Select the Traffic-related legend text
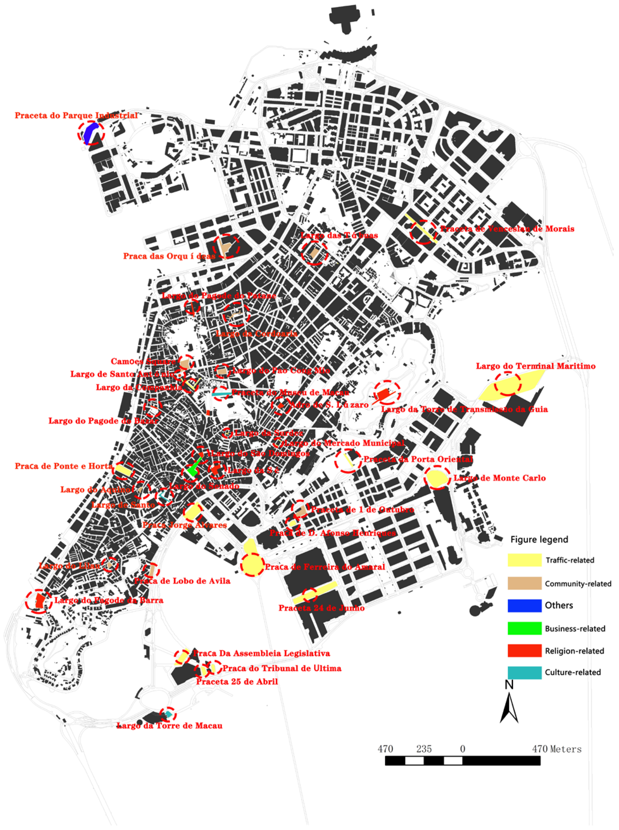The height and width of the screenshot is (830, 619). click(x=570, y=560)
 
